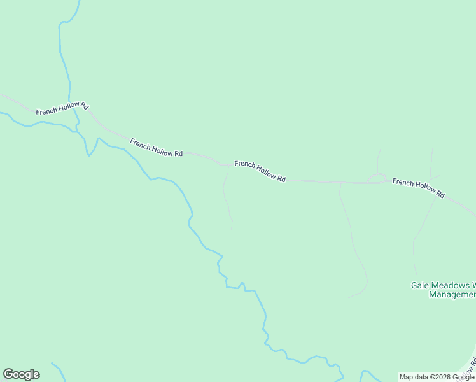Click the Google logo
tap(21, 374)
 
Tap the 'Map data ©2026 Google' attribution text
tap(437, 377)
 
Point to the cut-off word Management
tap(452, 294)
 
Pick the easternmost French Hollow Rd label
tap(418, 188)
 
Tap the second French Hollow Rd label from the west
tap(157, 148)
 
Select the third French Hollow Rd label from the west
tap(260, 171)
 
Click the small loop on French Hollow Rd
tap(377, 178)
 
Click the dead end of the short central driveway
tap(232, 228)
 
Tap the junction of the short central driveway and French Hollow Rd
tap(228, 165)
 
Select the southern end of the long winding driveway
tap(349, 297)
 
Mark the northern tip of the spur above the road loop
tap(380, 149)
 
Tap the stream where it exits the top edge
tap(78, 2)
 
